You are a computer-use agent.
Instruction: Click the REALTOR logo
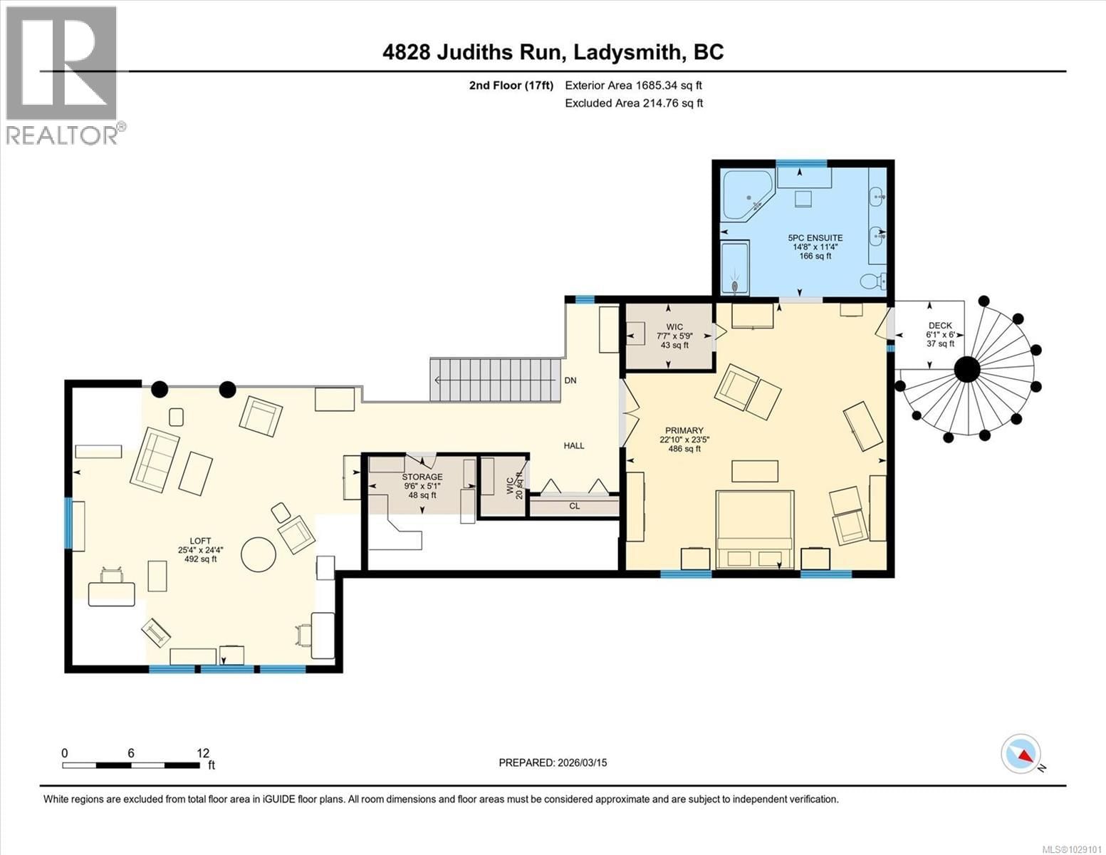point(63,75)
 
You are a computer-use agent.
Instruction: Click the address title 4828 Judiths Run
point(553,52)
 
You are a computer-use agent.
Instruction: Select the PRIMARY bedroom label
point(684,430)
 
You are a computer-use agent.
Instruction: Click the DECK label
point(939,326)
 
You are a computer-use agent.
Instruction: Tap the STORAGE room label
point(422,477)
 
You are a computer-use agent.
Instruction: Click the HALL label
point(573,446)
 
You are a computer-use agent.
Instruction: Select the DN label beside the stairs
point(570,380)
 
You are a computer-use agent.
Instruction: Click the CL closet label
point(574,506)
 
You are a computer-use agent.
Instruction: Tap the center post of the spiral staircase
point(966,370)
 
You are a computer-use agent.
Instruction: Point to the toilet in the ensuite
point(872,282)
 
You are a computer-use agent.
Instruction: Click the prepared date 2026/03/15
point(553,762)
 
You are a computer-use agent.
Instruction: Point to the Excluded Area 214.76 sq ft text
point(633,103)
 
